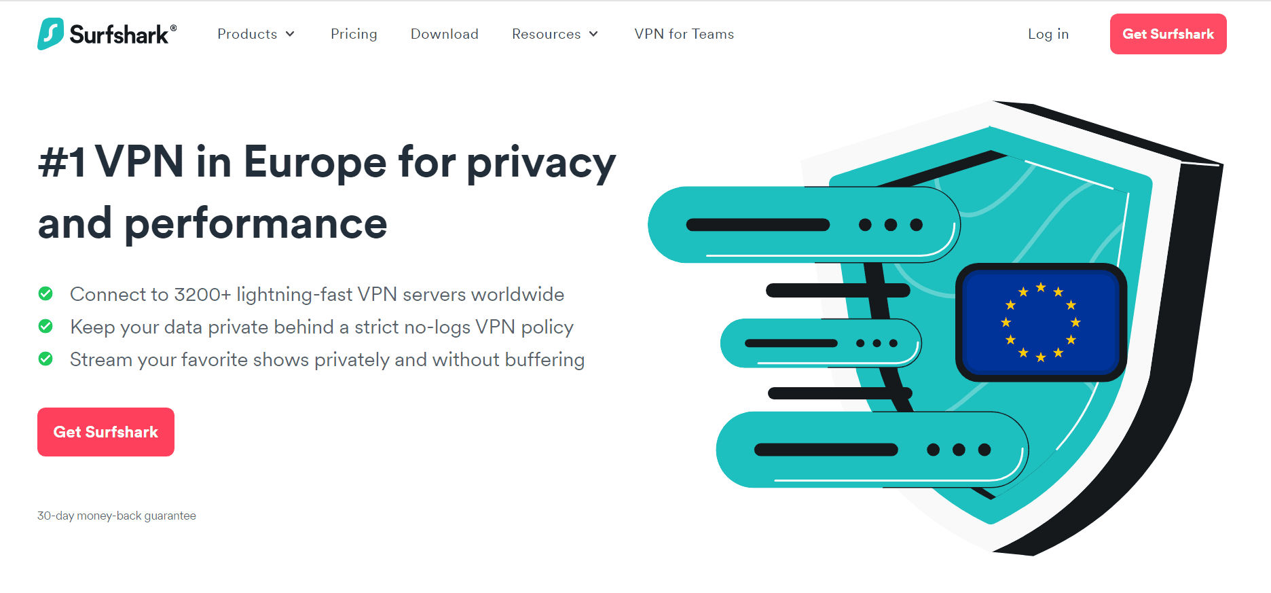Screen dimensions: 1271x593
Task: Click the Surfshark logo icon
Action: click(x=51, y=34)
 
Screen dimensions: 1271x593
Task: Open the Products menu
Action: click(x=256, y=34)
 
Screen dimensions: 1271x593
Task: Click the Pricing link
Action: click(x=354, y=34)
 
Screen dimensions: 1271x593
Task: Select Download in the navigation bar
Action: click(x=445, y=34)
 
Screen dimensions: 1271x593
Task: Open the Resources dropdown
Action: click(x=555, y=34)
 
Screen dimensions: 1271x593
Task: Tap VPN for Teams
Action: click(x=684, y=34)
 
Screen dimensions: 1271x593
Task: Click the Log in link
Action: click(x=1048, y=34)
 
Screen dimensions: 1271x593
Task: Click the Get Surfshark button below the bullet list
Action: click(x=106, y=432)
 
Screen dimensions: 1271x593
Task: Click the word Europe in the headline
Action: click(x=315, y=162)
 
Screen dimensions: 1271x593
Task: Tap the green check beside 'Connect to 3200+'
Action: click(x=45, y=293)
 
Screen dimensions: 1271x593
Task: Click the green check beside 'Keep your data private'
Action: click(x=45, y=326)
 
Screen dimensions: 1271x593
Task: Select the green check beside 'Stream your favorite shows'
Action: click(x=45, y=359)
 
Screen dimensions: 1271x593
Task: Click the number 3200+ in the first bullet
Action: click(x=202, y=294)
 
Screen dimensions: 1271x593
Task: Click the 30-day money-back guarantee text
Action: click(x=117, y=516)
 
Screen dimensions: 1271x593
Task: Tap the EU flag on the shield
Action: click(x=1041, y=323)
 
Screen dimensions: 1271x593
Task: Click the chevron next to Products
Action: click(x=290, y=34)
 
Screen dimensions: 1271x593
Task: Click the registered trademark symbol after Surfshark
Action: click(x=174, y=28)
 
